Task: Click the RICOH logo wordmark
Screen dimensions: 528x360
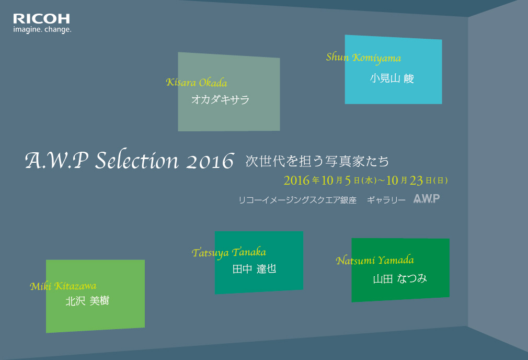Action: click(x=41, y=18)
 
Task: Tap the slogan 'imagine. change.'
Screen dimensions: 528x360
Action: click(x=42, y=30)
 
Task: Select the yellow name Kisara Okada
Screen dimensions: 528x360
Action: click(x=197, y=82)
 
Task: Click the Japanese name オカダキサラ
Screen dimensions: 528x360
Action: click(x=220, y=99)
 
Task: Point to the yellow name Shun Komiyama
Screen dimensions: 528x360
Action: click(x=363, y=58)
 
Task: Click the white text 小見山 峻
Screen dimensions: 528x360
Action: click(x=392, y=78)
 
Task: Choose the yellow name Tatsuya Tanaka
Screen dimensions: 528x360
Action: click(x=229, y=253)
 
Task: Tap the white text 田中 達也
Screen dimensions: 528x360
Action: click(x=254, y=268)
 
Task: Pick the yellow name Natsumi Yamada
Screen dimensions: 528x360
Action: click(x=375, y=260)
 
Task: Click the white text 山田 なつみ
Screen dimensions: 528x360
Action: click(x=400, y=279)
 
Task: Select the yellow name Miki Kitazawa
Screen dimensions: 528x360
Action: click(x=63, y=286)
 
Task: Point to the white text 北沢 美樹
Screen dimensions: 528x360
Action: click(x=87, y=301)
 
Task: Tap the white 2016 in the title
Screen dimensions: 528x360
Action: click(x=210, y=161)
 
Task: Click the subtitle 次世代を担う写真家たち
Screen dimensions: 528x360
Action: click(x=317, y=161)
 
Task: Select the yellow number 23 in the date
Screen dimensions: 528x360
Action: click(x=416, y=181)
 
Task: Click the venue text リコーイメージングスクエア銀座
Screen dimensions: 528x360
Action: click(x=297, y=200)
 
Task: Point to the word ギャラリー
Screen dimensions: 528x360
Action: click(x=386, y=200)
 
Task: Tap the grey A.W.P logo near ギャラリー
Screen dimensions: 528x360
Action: click(x=427, y=198)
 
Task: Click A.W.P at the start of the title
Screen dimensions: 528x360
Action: click(x=56, y=160)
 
